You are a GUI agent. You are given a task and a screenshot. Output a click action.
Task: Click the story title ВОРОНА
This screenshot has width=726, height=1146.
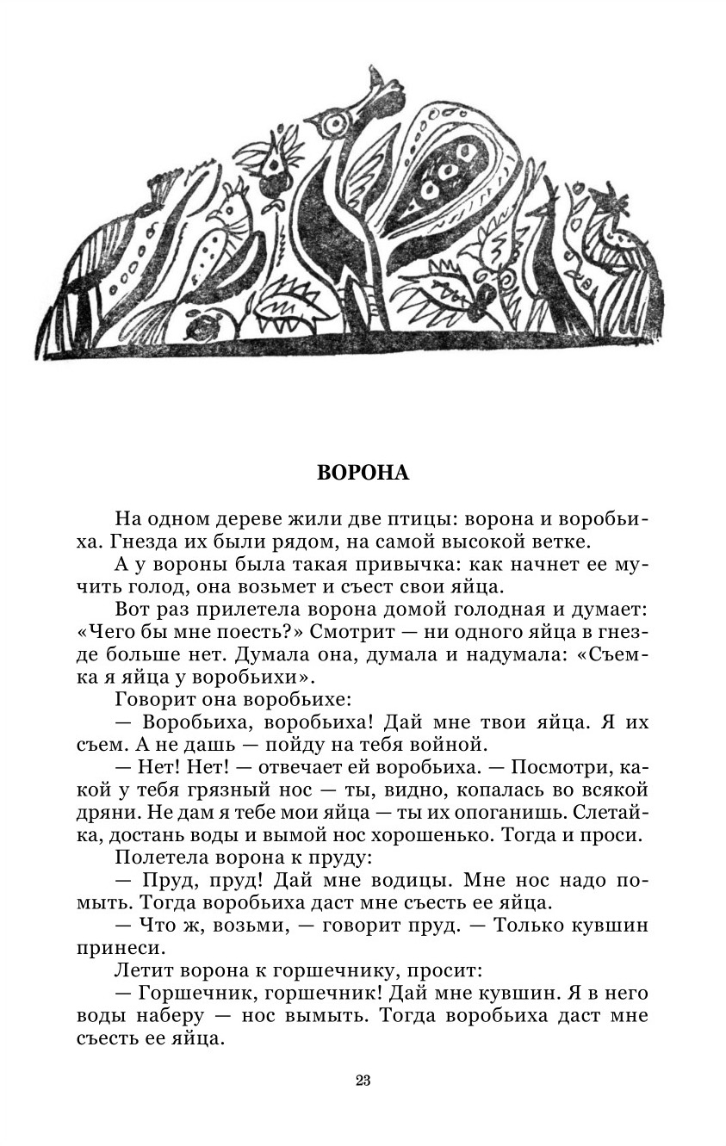coord(363,473)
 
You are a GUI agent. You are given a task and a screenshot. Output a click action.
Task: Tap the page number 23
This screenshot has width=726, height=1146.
coord(363,1081)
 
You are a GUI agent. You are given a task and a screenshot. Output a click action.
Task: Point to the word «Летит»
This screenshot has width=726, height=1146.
coord(139,969)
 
